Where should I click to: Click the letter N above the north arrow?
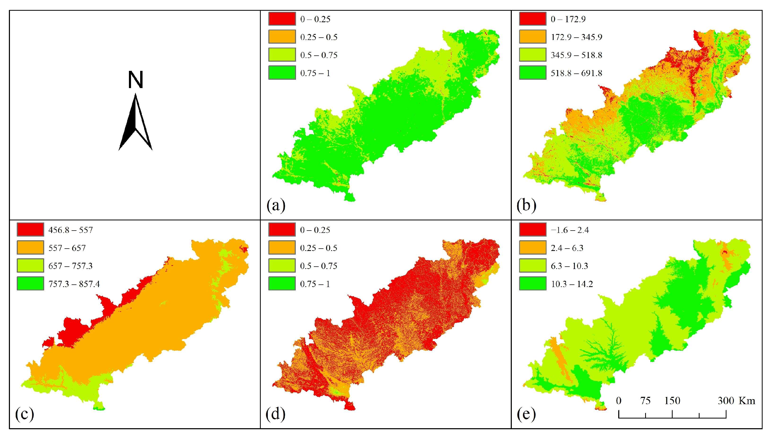(135, 80)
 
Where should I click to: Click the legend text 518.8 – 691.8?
(576, 73)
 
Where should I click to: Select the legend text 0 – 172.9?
(568, 19)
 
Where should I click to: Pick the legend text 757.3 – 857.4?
(74, 284)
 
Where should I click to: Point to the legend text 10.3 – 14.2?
(572, 284)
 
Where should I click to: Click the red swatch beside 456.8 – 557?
(30, 229)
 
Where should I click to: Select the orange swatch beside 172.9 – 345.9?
(533, 37)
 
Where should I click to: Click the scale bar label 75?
(645, 401)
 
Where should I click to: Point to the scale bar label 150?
(672, 401)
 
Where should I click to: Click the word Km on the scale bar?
(747, 401)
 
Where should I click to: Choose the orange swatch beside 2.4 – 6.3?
(533, 248)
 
